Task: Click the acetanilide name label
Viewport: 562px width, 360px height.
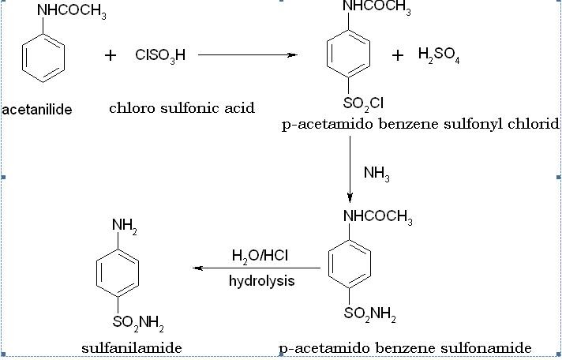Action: pyautogui.click(x=37, y=110)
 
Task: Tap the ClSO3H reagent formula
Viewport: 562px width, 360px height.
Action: pyautogui.click(x=160, y=55)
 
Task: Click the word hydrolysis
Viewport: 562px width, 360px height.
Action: pyautogui.click(x=262, y=281)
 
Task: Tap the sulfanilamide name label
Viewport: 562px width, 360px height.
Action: pyautogui.click(x=132, y=347)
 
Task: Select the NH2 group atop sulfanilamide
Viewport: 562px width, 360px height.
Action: pyautogui.click(x=124, y=226)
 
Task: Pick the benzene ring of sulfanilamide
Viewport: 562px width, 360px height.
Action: pyautogui.click(x=118, y=273)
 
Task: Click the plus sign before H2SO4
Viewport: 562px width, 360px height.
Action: pyautogui.click(x=398, y=54)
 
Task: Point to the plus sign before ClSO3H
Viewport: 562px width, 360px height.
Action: pyautogui.click(x=111, y=55)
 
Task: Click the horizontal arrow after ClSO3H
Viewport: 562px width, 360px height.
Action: pyautogui.click(x=247, y=55)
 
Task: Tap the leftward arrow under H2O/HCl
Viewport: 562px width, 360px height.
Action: pyautogui.click(x=257, y=268)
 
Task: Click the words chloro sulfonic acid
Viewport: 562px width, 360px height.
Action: pyautogui.click(x=182, y=108)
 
